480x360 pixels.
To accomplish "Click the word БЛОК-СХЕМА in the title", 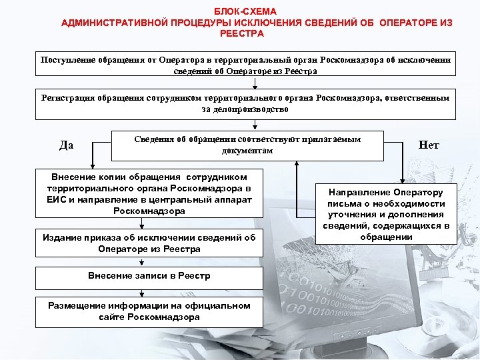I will pos(245,12).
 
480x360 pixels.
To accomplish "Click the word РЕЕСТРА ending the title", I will pos(245,33).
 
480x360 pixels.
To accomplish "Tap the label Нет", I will pos(429,145).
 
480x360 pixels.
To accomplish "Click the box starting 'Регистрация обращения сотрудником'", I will pos(245,104).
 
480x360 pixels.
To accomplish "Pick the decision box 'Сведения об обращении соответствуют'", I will pos(247,145).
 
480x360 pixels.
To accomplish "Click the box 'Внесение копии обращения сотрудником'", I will pos(149,194).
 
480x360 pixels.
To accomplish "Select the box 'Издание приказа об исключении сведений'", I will pos(149,243).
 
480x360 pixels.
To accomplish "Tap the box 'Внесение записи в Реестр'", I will pos(149,276).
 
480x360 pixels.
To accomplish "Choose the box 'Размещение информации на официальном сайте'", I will pos(149,311).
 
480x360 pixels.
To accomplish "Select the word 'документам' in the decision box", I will pos(247,151).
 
